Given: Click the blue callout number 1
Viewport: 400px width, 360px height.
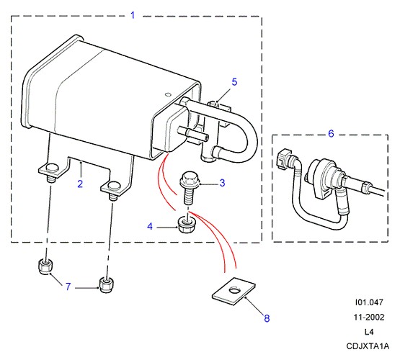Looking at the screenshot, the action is (x=133, y=15).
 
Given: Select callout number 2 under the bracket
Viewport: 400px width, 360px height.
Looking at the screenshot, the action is (x=80, y=184).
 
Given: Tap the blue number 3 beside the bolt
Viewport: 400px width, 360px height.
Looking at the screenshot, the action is (x=222, y=183).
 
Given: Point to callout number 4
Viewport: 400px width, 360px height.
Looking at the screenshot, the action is (x=150, y=226).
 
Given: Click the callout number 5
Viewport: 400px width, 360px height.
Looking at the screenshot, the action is (x=234, y=82).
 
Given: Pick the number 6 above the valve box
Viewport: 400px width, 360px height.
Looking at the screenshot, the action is (x=331, y=133).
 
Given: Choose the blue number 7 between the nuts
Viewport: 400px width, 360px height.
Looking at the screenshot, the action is (x=68, y=287).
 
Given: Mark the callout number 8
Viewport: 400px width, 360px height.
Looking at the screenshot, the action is (x=267, y=318).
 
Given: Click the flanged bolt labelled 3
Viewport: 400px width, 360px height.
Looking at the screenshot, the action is (x=189, y=188).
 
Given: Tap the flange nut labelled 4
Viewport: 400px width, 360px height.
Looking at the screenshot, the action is (x=185, y=224).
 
